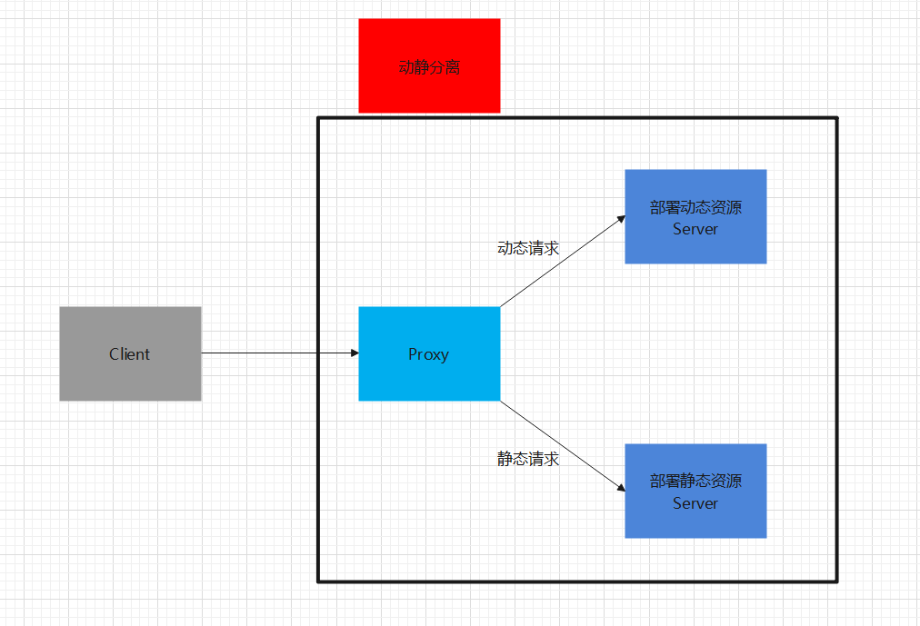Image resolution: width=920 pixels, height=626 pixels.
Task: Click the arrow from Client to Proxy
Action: pos(273,353)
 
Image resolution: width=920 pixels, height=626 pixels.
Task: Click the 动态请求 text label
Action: pos(528,248)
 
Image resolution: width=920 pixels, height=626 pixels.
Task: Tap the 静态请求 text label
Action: pos(528,459)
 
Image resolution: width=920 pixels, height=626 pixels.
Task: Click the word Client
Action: pos(130,354)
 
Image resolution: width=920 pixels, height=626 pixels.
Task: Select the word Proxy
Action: pos(429,354)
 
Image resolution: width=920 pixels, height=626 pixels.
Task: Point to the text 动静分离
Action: pos(429,67)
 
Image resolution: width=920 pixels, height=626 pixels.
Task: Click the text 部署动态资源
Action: pos(695,207)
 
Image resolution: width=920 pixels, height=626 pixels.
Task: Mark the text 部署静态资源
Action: pos(695,482)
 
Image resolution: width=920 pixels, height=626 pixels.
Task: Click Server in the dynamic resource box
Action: pos(695,229)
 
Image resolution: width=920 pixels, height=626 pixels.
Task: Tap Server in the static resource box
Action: pos(695,503)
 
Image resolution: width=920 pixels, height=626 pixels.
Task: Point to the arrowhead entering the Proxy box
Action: pos(354,353)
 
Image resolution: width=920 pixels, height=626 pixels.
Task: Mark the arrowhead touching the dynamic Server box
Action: pos(621,219)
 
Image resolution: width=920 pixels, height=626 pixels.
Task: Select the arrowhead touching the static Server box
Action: pos(621,487)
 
